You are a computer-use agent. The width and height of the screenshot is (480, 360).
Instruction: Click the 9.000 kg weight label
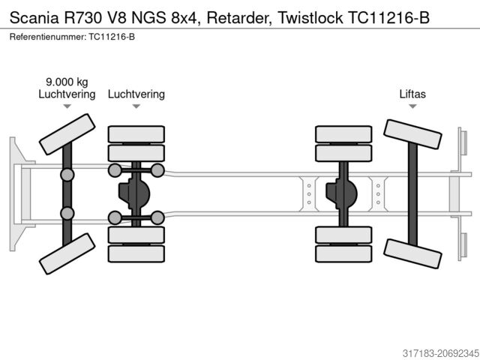coord(67,82)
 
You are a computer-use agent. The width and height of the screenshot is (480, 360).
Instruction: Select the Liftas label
coord(412,94)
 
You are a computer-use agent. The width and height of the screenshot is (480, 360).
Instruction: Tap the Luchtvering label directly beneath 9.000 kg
coord(67,94)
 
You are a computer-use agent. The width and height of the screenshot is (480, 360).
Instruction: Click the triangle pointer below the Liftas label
coord(412,106)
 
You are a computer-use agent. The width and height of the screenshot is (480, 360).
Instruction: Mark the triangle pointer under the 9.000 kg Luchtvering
coord(67,106)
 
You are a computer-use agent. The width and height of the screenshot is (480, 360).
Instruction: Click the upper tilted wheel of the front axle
coord(67,133)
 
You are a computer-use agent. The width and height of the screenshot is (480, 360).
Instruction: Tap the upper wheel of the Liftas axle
coord(412,139)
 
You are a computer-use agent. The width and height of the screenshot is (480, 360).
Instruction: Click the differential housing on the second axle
coord(135,193)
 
